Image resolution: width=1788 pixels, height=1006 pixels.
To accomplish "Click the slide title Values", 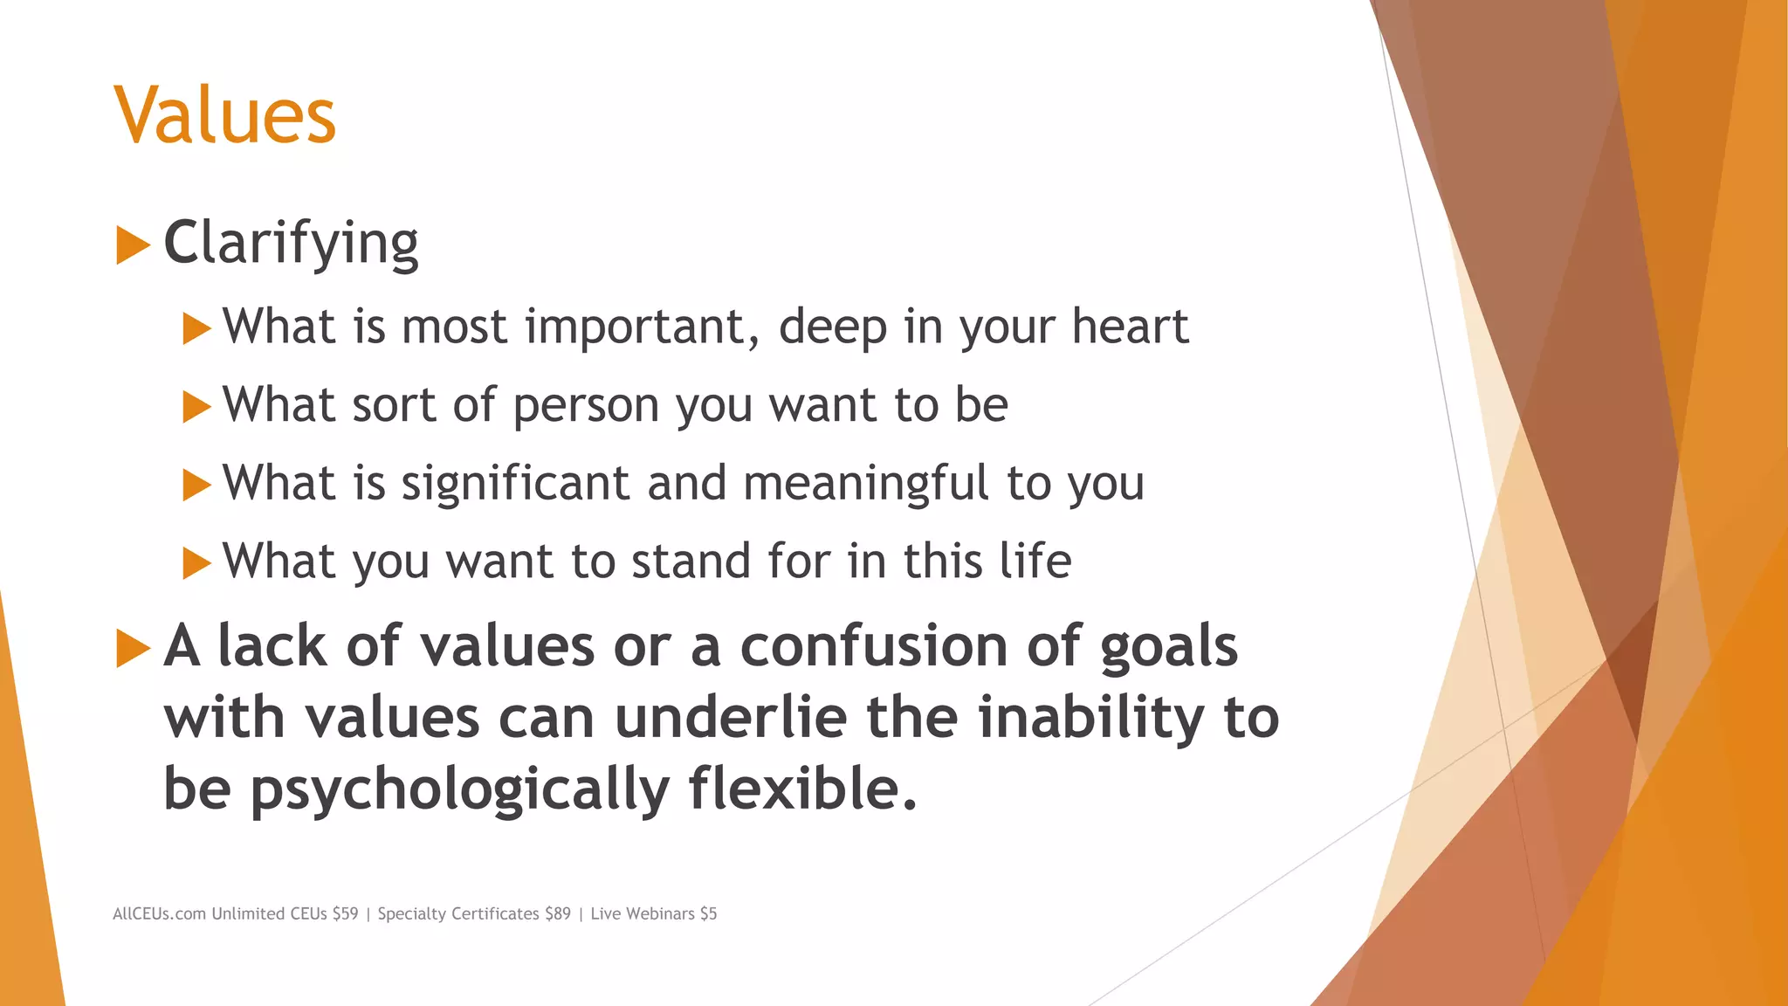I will tap(224, 115).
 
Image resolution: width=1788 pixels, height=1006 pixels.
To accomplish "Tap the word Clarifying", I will tap(291, 243).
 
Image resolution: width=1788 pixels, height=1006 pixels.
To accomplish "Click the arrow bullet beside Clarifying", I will tap(133, 245).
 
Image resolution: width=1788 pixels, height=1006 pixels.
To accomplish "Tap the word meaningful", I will tap(866, 484).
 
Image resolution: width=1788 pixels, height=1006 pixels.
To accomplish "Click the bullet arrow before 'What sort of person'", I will tap(197, 407).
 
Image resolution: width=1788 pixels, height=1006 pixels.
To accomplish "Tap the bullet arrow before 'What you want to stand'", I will tap(197, 563).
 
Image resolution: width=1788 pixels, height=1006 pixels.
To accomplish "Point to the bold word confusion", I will tap(874, 646).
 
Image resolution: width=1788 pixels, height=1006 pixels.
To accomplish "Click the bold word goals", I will tap(1168, 648).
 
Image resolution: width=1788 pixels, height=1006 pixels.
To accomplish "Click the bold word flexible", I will tap(802, 788).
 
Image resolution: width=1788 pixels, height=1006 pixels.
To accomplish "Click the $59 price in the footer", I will tap(345, 913).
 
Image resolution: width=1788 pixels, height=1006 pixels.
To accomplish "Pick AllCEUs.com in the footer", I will tap(159, 913).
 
